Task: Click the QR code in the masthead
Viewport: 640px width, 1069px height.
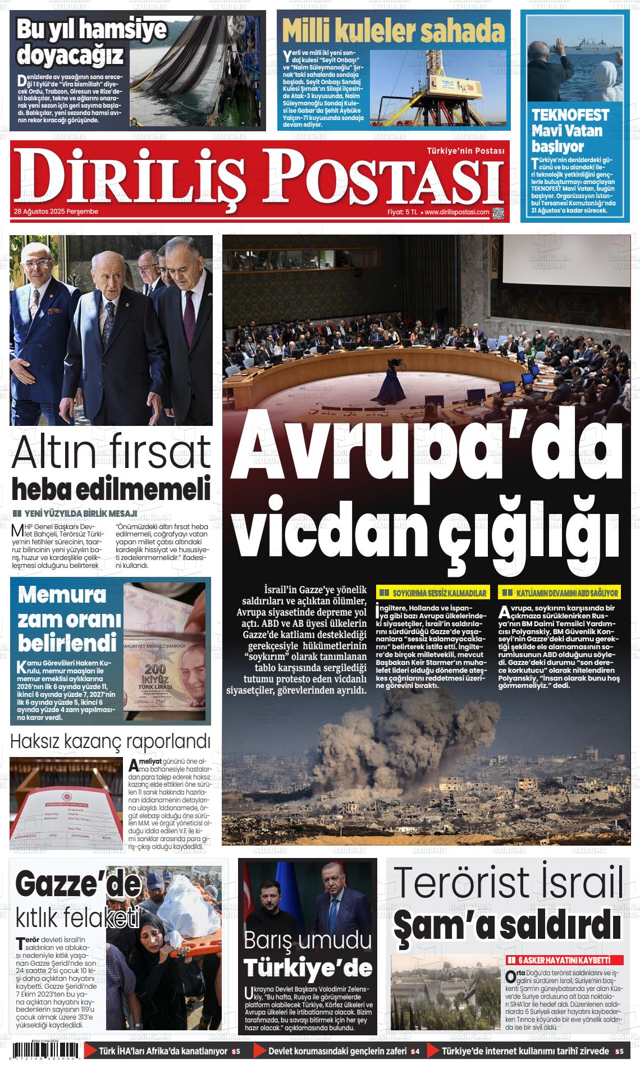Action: [498, 213]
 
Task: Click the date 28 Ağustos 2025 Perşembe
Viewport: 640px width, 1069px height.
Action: [56, 212]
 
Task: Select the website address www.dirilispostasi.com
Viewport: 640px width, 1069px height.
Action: [456, 212]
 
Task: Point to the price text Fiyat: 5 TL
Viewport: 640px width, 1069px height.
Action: [403, 212]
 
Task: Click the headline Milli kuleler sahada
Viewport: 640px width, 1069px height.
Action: [393, 31]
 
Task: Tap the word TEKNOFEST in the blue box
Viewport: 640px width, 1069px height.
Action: [570, 116]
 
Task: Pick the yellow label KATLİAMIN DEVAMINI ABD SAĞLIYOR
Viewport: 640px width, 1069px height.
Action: [561, 593]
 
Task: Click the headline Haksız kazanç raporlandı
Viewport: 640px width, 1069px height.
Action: [110, 741]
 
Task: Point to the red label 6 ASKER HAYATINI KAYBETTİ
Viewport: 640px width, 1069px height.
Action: [565, 960]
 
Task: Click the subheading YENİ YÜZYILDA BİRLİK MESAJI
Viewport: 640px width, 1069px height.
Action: [80, 513]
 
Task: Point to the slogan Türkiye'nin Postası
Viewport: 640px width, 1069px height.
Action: [465, 150]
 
